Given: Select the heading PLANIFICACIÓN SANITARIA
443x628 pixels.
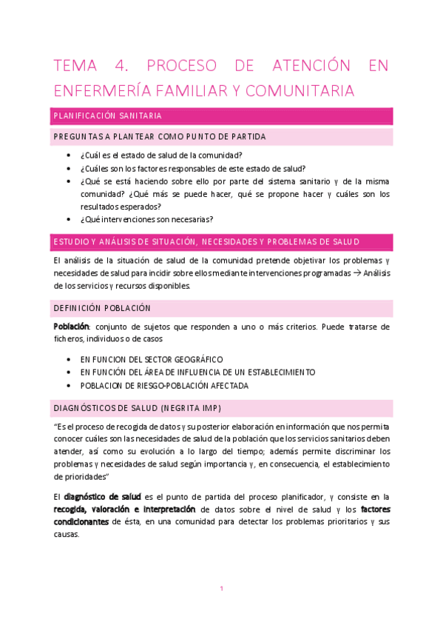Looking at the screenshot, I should [x=107, y=116].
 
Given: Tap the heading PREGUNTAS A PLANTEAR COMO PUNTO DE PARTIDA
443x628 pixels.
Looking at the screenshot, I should [x=159, y=137].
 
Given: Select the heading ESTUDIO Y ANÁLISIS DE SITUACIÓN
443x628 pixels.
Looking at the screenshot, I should [x=206, y=242].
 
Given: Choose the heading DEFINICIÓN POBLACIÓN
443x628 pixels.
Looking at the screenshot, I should [x=102, y=308].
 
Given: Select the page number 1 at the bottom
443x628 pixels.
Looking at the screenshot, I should [x=221, y=589].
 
